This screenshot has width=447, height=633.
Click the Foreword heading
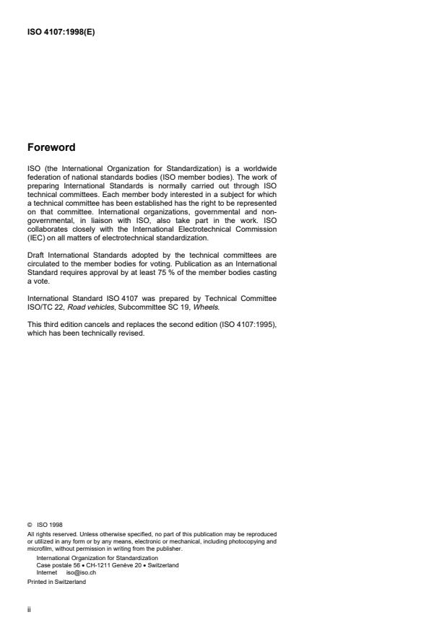[x=51, y=147]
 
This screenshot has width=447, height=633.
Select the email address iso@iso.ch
[x=81, y=571]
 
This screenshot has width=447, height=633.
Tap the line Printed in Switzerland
[x=56, y=582]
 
